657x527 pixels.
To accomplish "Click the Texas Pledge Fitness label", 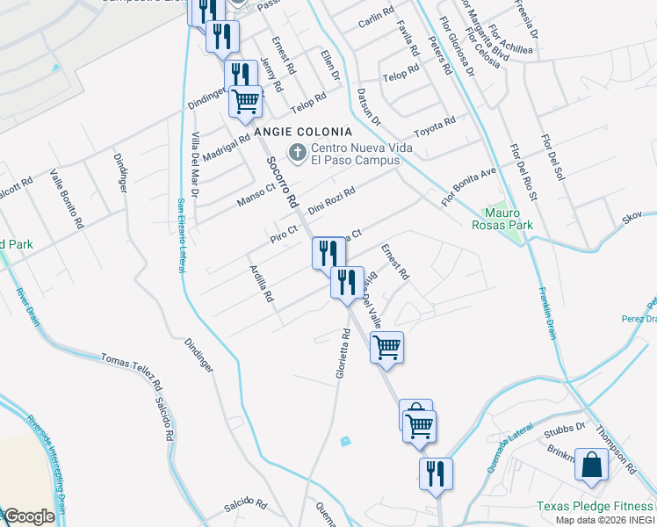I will coord(596,506).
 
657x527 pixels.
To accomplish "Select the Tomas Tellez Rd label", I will coord(132,372).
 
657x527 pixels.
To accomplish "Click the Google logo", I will coord(29,516).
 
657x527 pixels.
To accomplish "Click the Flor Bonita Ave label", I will coord(469,186).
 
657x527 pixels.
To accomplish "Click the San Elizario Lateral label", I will coord(182,235).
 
